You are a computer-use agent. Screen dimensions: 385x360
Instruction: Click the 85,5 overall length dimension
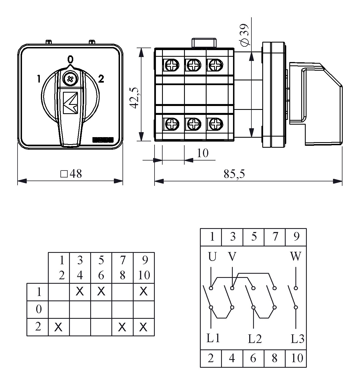(234, 174)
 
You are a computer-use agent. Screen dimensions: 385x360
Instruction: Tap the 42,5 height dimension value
(134, 98)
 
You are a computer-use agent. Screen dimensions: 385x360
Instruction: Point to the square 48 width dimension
(71, 174)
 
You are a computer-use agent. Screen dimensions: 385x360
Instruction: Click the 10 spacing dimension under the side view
(202, 153)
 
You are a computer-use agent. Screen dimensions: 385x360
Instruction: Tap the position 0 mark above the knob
(70, 59)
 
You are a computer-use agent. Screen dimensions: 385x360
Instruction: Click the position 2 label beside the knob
(101, 79)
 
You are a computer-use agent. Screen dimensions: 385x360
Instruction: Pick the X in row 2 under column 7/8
(122, 327)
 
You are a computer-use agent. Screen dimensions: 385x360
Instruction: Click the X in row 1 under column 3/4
(80, 292)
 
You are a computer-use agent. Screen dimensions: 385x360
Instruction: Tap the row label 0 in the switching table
(38, 309)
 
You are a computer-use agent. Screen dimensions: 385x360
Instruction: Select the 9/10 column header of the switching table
(144, 268)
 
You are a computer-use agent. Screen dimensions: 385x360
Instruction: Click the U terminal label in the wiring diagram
(212, 256)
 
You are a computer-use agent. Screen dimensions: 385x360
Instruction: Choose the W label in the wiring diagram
(295, 256)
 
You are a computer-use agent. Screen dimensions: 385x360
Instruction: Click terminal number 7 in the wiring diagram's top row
(275, 237)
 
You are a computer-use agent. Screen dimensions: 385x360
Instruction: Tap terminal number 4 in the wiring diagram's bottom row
(232, 358)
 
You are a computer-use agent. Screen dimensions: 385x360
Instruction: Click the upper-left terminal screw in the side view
(170, 66)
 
